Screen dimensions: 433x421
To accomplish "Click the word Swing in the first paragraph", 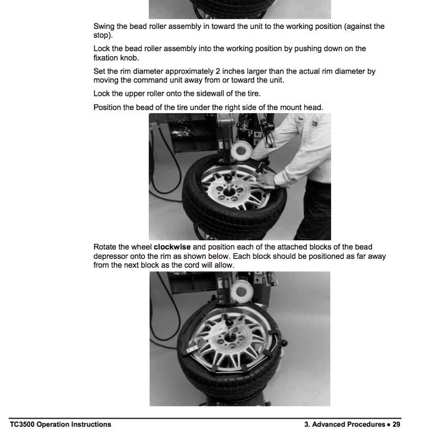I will pos(104,26).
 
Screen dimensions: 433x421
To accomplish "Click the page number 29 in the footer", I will pos(396,424).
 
